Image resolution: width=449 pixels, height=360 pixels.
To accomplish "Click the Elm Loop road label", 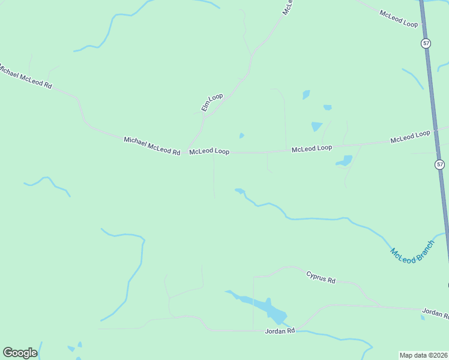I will click(x=212, y=102).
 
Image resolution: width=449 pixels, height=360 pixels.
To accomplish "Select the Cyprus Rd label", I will click(x=321, y=277).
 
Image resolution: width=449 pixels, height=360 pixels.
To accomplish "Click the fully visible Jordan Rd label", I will click(x=280, y=331).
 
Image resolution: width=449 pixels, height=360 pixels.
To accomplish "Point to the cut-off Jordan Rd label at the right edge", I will click(x=435, y=313).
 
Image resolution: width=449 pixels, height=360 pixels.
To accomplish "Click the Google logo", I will click(x=20, y=353).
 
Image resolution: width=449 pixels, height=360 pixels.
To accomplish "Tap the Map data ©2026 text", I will click(x=423, y=355).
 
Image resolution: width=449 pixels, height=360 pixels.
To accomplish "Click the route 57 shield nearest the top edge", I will click(x=426, y=43).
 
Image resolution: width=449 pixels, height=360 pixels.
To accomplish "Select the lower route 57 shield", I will click(x=440, y=164).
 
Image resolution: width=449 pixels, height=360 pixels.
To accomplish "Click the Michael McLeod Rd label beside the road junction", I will click(x=152, y=146).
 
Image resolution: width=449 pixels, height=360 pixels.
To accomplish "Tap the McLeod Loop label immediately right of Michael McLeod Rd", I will click(x=209, y=152).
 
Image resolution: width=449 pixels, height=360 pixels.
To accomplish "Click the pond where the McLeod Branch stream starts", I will click(x=240, y=191).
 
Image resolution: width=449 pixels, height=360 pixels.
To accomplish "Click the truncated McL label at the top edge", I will click(x=288, y=7).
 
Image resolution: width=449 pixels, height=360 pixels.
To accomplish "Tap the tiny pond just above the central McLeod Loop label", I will click(x=241, y=136).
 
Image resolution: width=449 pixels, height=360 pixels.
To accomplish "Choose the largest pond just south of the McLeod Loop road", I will click(x=345, y=161).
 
